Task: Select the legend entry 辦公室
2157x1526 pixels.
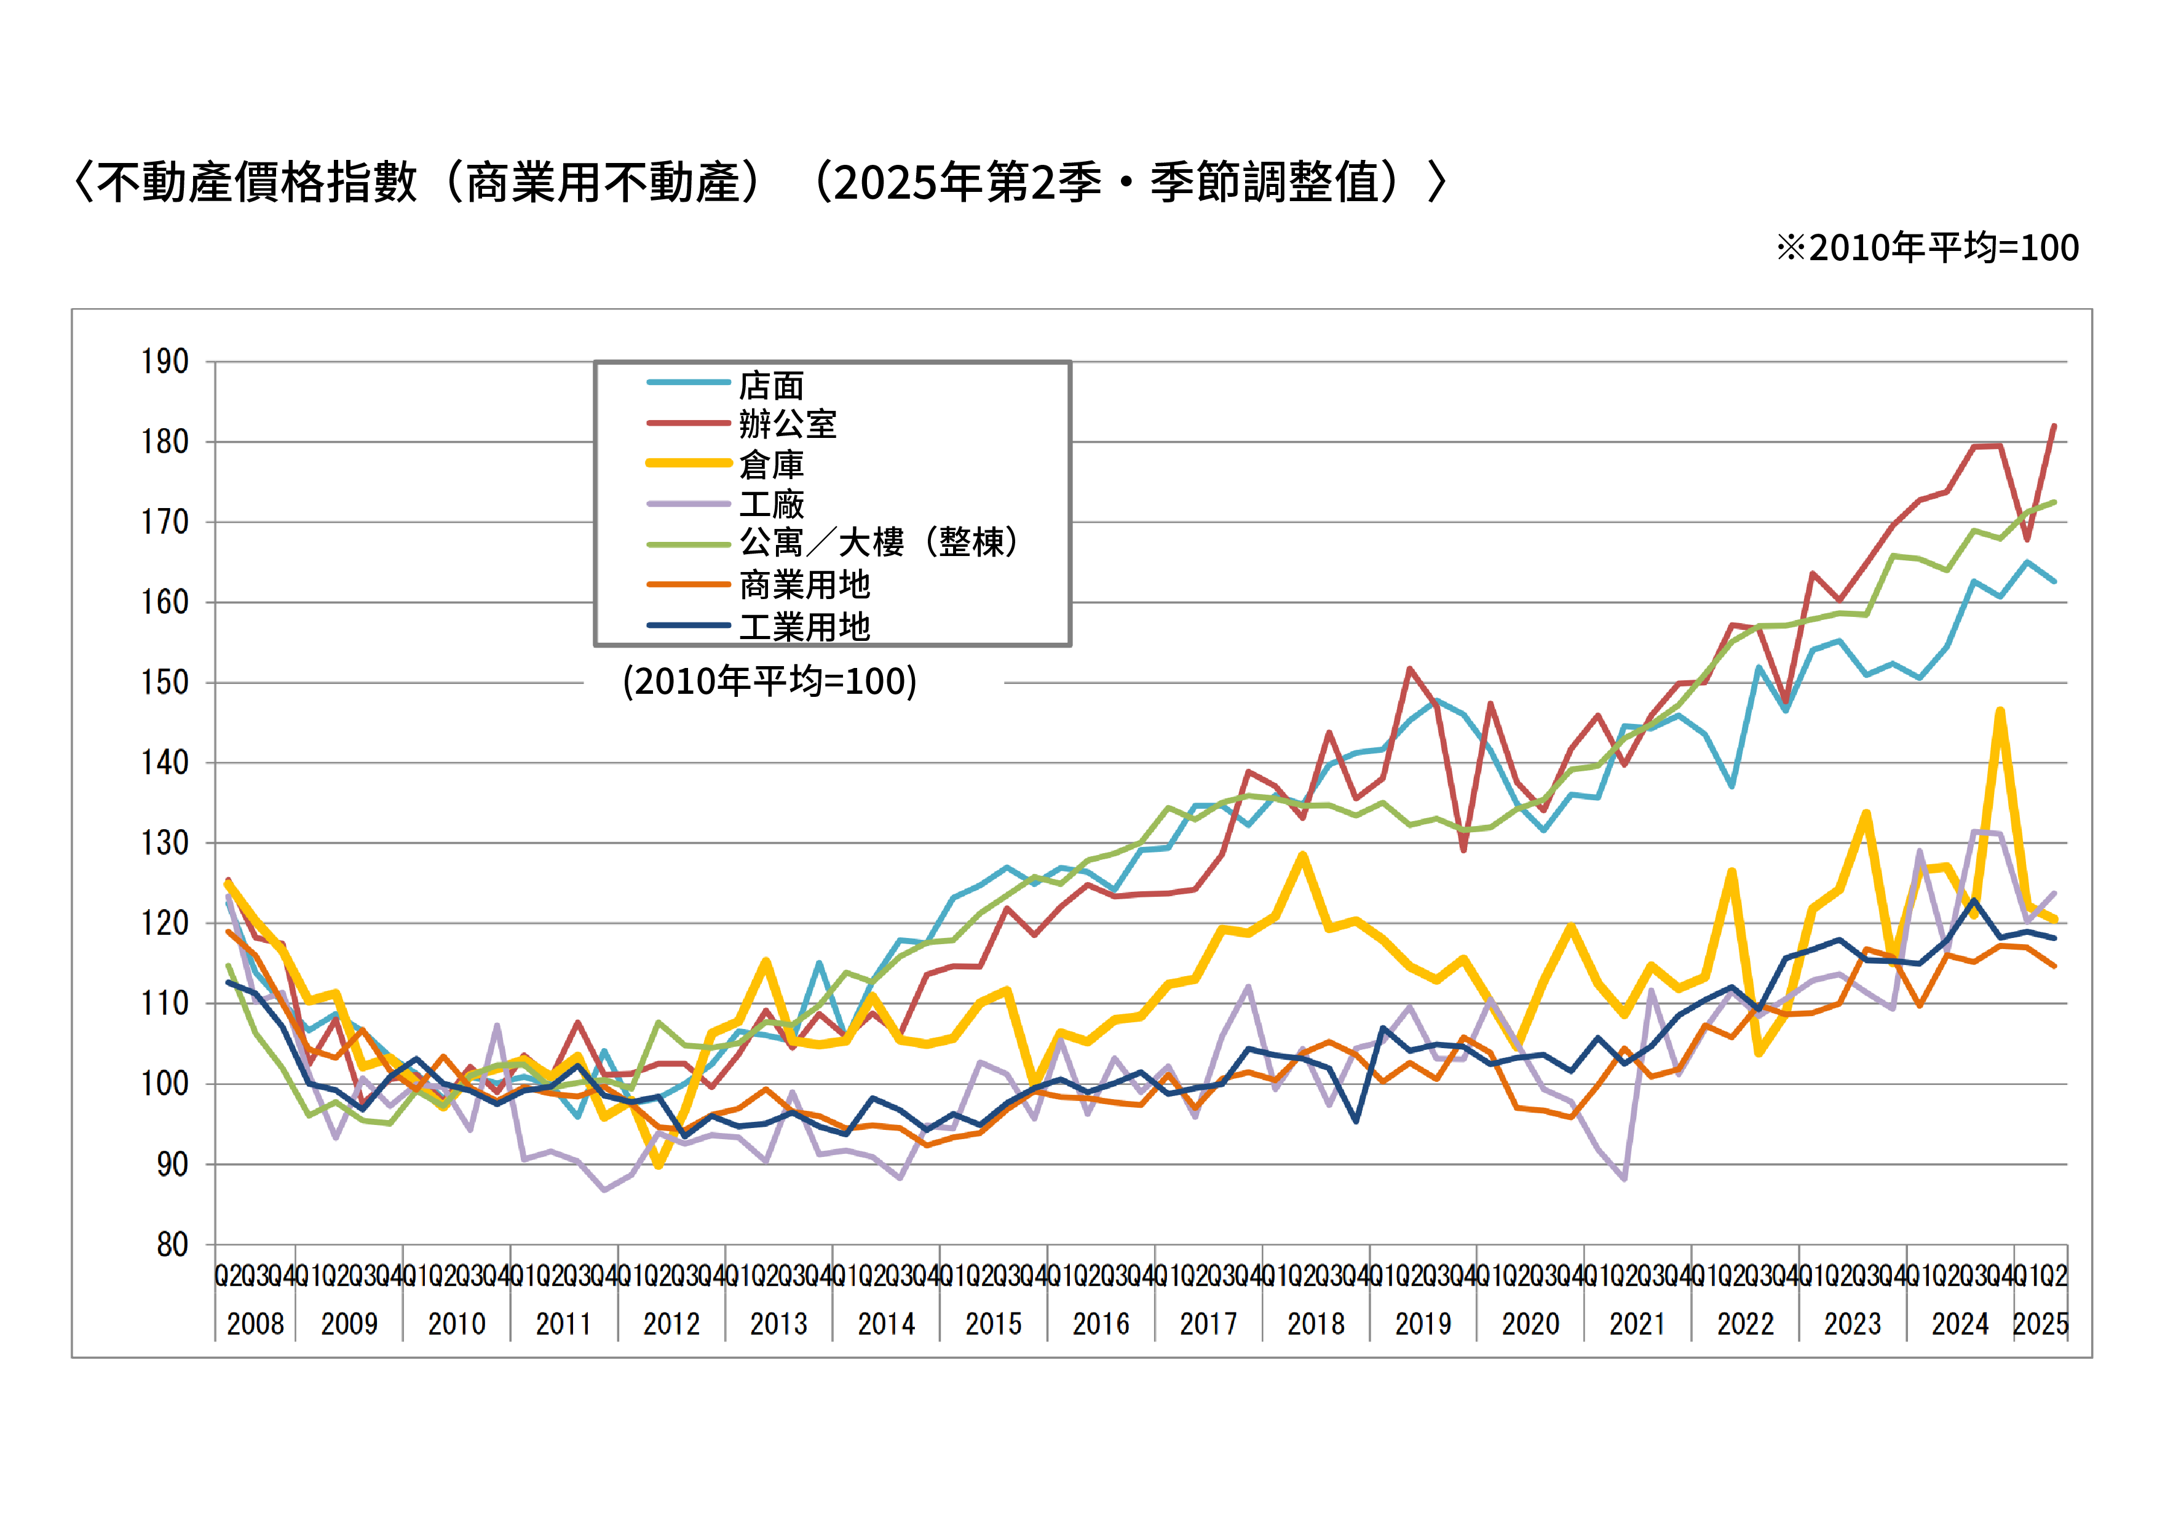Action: pyautogui.click(x=787, y=425)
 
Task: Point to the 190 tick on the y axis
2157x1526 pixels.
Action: pyautogui.click(x=165, y=362)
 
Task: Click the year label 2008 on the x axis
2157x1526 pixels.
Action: pyautogui.click(x=256, y=1324)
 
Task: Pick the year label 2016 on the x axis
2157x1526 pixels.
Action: pyautogui.click(x=1101, y=1324)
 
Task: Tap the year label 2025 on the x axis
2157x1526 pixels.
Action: pyautogui.click(x=2041, y=1324)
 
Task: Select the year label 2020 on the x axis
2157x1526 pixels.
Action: pyautogui.click(x=1530, y=1324)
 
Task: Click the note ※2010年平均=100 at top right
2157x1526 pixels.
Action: pyautogui.click(x=1927, y=247)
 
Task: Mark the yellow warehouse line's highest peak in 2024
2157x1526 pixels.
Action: pyautogui.click(x=2000, y=711)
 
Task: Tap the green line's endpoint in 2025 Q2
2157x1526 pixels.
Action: pyautogui.click(x=2054, y=503)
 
